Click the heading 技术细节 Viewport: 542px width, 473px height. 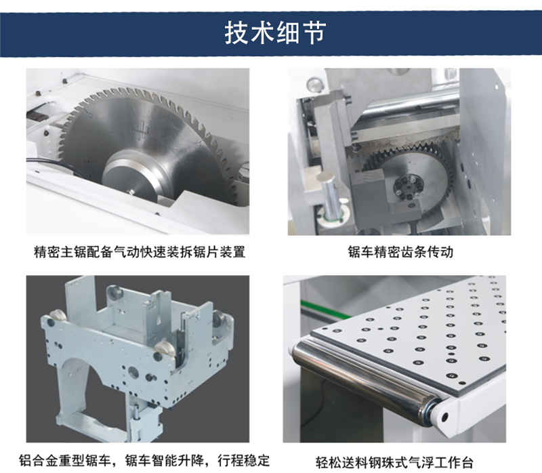(x=276, y=33)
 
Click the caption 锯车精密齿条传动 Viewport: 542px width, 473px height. (x=400, y=251)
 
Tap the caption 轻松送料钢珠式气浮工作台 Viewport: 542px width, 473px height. (x=394, y=462)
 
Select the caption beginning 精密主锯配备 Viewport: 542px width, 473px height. (x=140, y=251)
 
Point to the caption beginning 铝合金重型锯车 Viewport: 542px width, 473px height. (x=144, y=460)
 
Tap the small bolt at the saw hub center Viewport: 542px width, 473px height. (x=130, y=191)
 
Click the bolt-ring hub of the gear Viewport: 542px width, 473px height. (x=408, y=187)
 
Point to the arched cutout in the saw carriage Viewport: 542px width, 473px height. (x=80, y=377)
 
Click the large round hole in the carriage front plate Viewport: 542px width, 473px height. (x=133, y=372)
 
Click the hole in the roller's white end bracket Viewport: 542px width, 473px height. (x=444, y=417)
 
